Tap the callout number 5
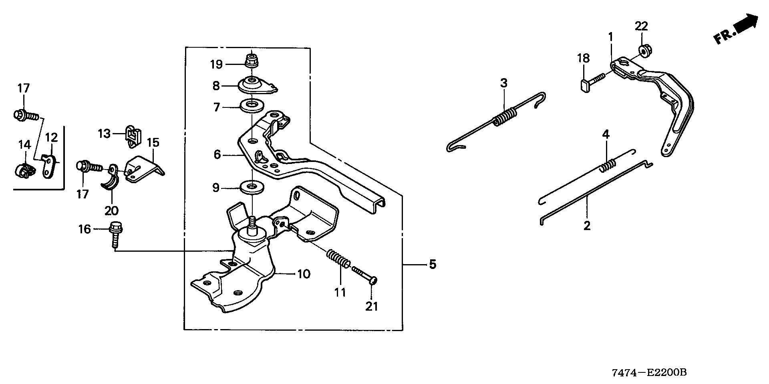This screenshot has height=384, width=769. tap(432, 264)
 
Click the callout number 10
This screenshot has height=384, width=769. tap(304, 274)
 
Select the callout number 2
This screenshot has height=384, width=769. tap(587, 226)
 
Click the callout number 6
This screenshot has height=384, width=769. tap(217, 154)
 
